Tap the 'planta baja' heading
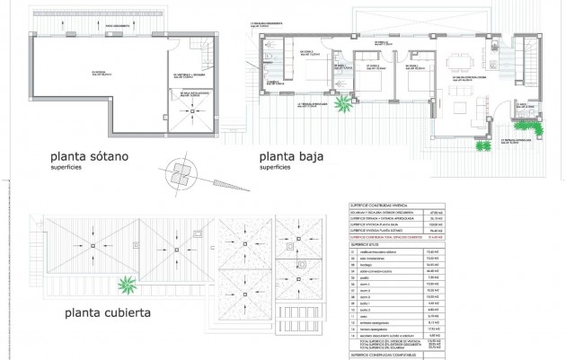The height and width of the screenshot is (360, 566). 290,156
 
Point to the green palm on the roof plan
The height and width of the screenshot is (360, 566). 131,286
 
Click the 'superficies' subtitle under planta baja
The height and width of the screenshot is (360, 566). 274,167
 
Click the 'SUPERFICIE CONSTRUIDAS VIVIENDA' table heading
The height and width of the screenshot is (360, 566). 377,206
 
